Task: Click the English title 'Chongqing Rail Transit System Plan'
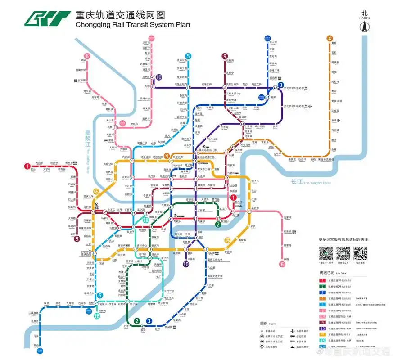tap(132, 25)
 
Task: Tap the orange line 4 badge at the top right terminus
tap(330, 38)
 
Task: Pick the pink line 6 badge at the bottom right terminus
tap(282, 264)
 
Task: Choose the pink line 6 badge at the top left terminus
tap(87, 56)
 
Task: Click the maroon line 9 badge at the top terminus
tap(224, 56)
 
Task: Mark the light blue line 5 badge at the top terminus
tap(188, 56)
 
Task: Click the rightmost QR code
tap(360, 253)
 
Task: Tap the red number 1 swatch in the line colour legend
tap(322, 280)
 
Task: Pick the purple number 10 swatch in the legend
tap(322, 328)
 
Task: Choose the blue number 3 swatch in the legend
tap(322, 292)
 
